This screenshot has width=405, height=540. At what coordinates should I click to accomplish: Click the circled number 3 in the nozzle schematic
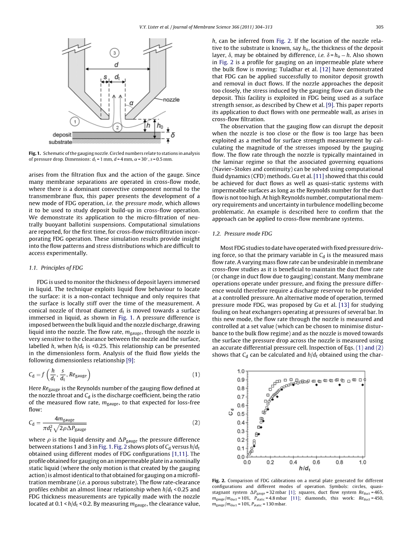click(x=114, y=53)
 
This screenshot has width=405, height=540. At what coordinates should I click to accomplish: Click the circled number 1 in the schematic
click(x=74, y=120)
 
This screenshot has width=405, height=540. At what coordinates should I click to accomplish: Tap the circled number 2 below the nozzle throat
click(x=117, y=127)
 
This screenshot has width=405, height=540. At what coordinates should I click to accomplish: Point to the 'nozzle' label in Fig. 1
click(x=171, y=100)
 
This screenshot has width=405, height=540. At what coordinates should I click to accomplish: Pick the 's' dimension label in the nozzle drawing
click(x=105, y=77)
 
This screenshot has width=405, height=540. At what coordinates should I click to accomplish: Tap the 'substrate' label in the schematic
click(x=60, y=142)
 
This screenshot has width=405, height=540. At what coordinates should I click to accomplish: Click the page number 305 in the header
click(x=379, y=27)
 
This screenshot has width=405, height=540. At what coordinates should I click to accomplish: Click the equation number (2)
click(x=196, y=423)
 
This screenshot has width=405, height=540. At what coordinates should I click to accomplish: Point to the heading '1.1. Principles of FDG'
click(x=56, y=268)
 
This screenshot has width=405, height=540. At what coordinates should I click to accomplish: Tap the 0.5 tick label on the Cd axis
click(x=240, y=414)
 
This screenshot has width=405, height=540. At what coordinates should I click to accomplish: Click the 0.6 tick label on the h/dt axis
click(x=316, y=462)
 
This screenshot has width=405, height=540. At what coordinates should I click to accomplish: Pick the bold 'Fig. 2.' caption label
click(x=218, y=480)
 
